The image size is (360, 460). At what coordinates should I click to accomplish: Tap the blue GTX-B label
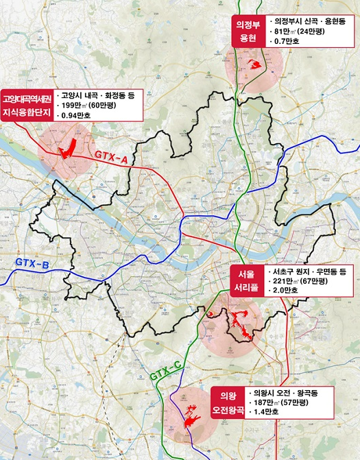click(x=32, y=263)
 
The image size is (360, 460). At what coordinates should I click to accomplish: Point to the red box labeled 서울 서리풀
click(x=245, y=281)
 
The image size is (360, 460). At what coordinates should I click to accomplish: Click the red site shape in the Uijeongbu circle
click(x=256, y=65)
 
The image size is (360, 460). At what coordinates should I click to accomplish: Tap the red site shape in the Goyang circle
click(x=67, y=149)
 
